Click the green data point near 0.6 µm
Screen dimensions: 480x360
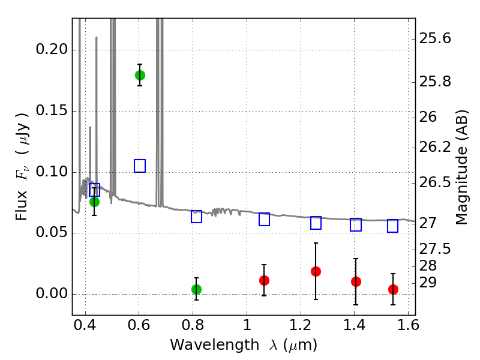point(140,75)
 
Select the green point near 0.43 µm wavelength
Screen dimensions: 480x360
point(94,202)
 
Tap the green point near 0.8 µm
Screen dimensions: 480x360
point(196,289)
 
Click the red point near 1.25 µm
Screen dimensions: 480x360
point(316,271)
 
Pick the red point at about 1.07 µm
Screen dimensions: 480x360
point(264,280)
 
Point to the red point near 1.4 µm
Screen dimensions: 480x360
point(356,281)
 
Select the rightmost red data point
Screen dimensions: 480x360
point(393,289)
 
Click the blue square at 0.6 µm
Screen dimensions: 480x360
point(140,166)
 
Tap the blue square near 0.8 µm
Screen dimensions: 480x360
point(196,217)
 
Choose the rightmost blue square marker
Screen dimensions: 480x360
point(392,226)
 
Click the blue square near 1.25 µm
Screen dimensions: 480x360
point(316,223)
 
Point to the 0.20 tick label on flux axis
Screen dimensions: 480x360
point(52,49)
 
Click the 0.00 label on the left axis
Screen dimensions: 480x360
point(52,293)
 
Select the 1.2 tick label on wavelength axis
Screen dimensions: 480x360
point(301,325)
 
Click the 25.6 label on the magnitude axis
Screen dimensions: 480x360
point(435,38)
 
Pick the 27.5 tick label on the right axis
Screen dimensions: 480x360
point(435,249)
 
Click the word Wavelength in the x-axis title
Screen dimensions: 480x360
point(215,345)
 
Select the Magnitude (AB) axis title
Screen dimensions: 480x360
point(461,167)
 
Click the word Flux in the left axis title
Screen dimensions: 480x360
point(22,205)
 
